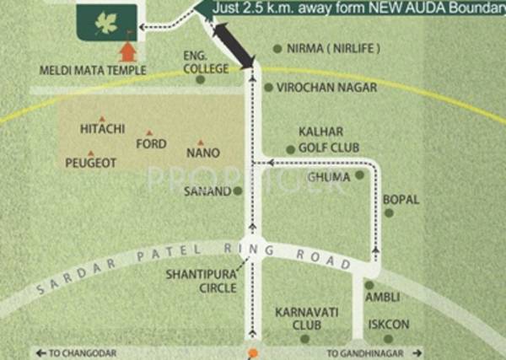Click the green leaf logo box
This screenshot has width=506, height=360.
(x=105, y=19)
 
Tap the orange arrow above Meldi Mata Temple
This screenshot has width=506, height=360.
(x=126, y=52)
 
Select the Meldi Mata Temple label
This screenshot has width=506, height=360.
(x=93, y=71)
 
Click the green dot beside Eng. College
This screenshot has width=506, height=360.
(x=200, y=80)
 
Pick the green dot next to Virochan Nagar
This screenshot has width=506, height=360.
(x=268, y=87)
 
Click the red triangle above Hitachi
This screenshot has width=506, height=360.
(x=102, y=118)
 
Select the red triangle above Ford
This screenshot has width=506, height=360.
(x=150, y=132)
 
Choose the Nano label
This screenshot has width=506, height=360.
(x=203, y=153)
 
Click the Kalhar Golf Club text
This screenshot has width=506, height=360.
(x=328, y=140)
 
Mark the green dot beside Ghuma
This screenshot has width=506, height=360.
(x=360, y=175)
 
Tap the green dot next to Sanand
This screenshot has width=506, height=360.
(x=238, y=191)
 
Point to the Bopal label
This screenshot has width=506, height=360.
(x=401, y=200)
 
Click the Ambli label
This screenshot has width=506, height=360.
(x=381, y=298)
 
